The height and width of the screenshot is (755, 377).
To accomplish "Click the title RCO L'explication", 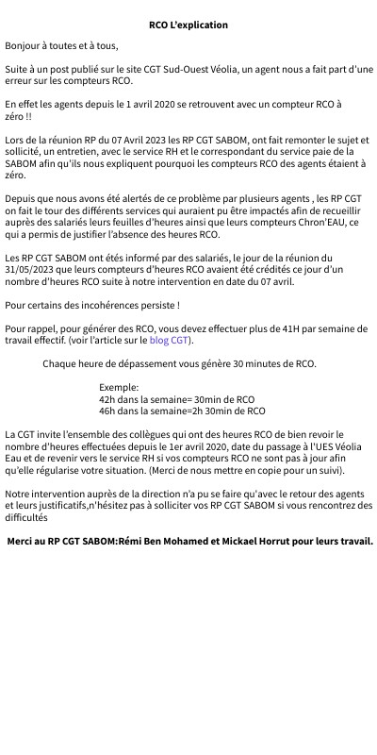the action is [x=188, y=25].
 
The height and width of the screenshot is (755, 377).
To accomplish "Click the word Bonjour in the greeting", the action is [x=25, y=45].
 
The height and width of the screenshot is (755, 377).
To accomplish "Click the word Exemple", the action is [x=118, y=387].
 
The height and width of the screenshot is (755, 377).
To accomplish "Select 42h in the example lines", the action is [x=107, y=399].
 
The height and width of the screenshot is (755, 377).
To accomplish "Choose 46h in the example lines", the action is [x=107, y=411].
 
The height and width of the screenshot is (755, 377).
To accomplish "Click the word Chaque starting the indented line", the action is [x=61, y=363].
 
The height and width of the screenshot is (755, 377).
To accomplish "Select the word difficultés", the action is [x=26, y=518].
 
